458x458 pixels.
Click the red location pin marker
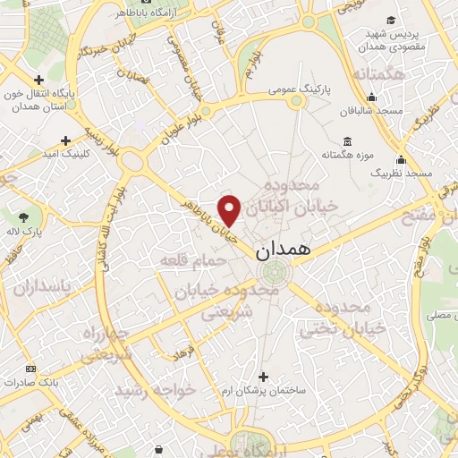point(231,210)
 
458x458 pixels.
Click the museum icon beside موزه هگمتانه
point(347,141)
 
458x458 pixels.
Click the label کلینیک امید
point(65,154)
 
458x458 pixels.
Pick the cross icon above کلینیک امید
point(65,140)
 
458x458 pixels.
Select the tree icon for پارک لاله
point(23,216)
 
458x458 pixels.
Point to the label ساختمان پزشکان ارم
point(263,390)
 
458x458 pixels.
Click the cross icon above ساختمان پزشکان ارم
point(262,376)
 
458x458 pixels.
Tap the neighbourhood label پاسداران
point(47,287)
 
